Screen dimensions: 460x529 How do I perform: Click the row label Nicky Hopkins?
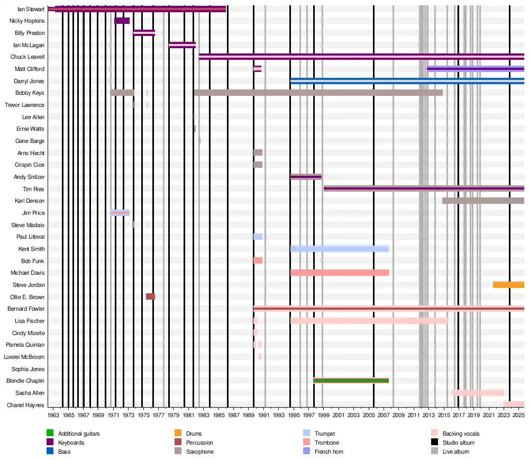(27, 21)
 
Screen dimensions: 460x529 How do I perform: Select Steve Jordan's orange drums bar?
(508, 285)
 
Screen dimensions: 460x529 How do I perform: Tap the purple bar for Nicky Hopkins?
(122, 21)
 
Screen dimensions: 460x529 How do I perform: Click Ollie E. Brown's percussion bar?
(150, 296)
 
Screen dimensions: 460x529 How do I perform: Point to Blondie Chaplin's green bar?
(351, 381)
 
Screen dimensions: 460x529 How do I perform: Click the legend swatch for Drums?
(178, 434)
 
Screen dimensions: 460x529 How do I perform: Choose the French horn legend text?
(329, 452)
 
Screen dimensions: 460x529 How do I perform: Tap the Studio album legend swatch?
(435, 443)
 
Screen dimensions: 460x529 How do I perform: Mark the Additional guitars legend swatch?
(50, 434)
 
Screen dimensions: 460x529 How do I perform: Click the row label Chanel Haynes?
(25, 405)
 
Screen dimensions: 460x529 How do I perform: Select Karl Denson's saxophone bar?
(483, 201)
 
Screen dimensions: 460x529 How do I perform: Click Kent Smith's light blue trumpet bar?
(339, 249)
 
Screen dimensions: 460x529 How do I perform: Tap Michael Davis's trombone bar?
(339, 273)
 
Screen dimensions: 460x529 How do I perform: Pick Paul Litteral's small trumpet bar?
(258, 237)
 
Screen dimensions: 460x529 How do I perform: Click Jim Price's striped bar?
(120, 213)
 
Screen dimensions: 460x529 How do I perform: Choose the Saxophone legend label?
(200, 452)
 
